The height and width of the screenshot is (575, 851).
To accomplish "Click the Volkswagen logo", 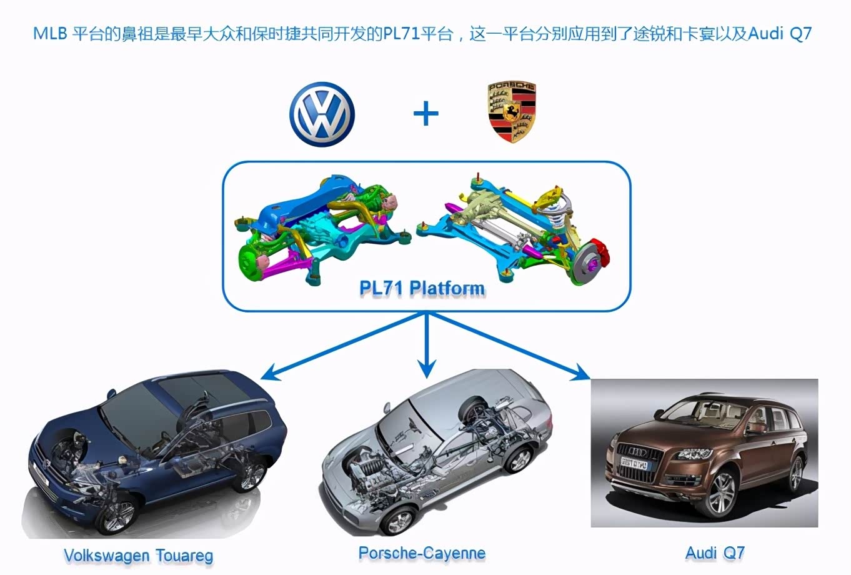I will (322, 114).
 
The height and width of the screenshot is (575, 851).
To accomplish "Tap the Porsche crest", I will (512, 112).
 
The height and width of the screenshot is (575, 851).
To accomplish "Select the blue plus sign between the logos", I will (426, 114).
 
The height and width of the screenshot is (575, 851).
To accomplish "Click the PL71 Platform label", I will (422, 288).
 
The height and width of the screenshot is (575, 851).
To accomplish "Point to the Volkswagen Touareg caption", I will (138, 555).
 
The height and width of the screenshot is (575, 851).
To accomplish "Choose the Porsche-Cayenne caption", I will (422, 553).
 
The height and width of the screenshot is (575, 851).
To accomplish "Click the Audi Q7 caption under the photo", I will (715, 552).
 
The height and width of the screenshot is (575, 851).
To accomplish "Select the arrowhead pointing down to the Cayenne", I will (427, 370).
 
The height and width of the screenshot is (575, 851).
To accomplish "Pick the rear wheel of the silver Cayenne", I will (519, 459).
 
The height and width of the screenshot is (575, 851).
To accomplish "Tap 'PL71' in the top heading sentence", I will (401, 33).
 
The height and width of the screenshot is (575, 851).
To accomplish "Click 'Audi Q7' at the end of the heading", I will (779, 33).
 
